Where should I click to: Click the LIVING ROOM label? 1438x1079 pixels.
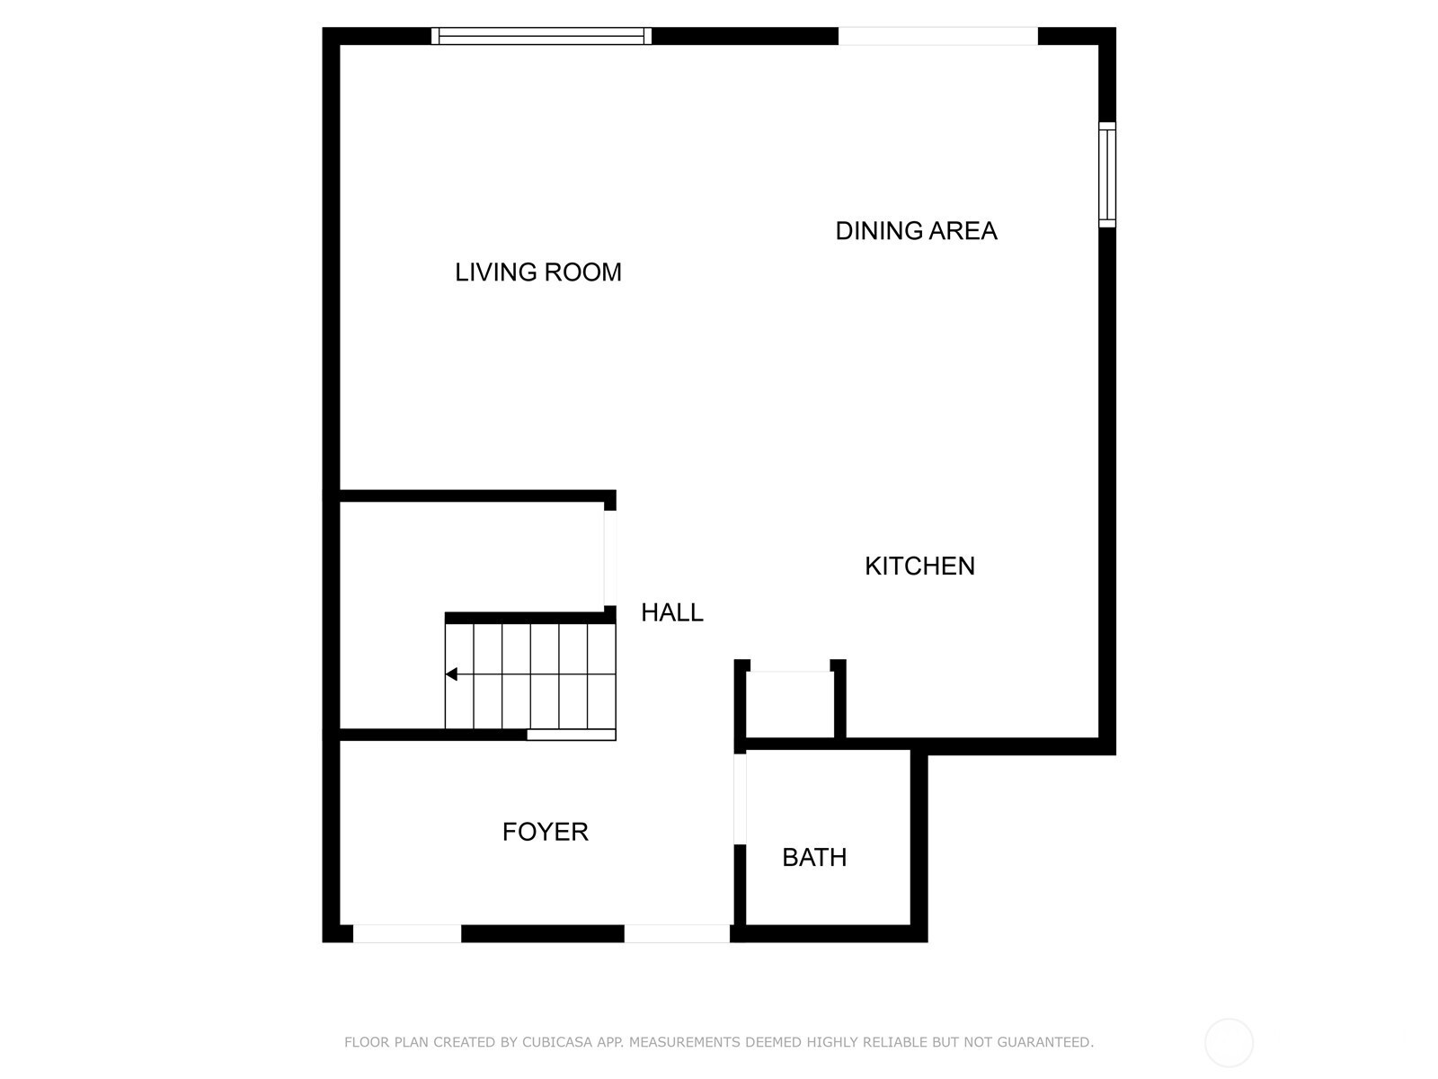point(537,272)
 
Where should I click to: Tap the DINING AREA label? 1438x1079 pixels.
point(916,230)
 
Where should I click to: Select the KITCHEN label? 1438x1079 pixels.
point(919,566)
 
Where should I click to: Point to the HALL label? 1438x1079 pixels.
point(672,612)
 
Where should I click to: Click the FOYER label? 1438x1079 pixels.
point(545,832)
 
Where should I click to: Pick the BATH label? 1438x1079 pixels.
point(814,858)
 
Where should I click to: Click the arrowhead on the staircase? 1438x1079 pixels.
point(451,674)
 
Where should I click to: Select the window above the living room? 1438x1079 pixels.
point(541,36)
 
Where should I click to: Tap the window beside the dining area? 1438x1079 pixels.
point(1107,175)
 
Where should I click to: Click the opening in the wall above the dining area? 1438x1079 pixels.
point(938,36)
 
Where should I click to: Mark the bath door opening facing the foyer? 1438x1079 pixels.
point(740,799)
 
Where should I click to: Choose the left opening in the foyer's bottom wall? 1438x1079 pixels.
point(407,933)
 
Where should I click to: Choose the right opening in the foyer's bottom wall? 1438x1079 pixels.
point(677,933)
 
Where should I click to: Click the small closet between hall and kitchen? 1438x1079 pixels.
point(790,705)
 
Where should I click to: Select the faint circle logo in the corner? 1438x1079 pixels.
point(1229,1042)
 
